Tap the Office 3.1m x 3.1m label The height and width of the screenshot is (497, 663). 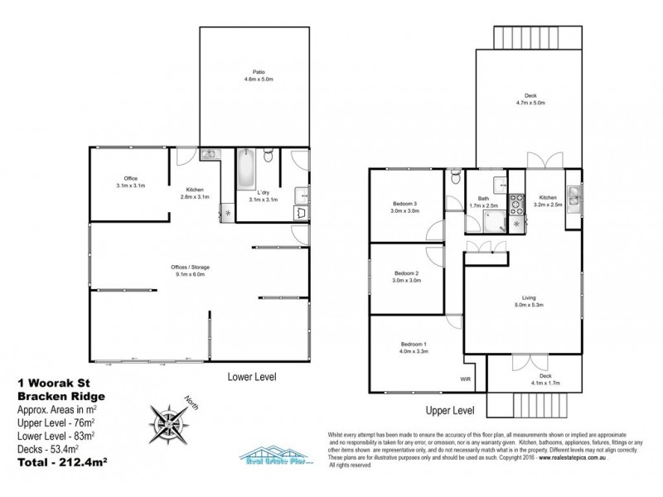click(x=130, y=182)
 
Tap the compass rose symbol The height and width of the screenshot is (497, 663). click(x=168, y=419)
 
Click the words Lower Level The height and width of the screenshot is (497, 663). click(x=252, y=376)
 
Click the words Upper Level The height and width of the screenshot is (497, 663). click(x=450, y=410)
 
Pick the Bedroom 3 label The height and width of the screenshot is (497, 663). click(x=406, y=208)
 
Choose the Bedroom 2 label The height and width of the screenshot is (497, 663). click(x=406, y=277)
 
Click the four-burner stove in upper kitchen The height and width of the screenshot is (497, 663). click(x=515, y=199)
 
